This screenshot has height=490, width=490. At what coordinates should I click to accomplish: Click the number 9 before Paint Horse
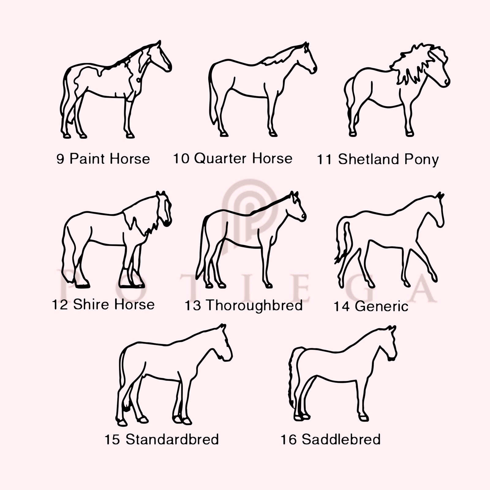click(x=60, y=159)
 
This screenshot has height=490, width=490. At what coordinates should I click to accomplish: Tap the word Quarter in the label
click(x=220, y=159)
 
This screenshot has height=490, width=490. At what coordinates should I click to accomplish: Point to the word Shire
click(x=91, y=304)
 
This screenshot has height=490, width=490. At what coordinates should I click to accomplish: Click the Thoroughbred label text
click(x=254, y=305)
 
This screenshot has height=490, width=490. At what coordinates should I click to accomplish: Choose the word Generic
click(x=382, y=306)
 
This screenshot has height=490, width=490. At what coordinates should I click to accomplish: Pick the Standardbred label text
click(x=172, y=439)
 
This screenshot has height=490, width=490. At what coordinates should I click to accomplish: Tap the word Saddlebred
click(x=341, y=439)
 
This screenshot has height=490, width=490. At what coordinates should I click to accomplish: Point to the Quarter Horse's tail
click(x=212, y=101)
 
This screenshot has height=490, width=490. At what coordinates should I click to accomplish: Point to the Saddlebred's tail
click(x=292, y=380)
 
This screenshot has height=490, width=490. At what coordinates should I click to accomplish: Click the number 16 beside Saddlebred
click(x=289, y=439)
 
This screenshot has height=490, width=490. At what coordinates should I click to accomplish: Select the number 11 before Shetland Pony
click(x=324, y=160)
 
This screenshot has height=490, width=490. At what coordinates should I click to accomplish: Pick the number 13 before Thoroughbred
click(x=193, y=306)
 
